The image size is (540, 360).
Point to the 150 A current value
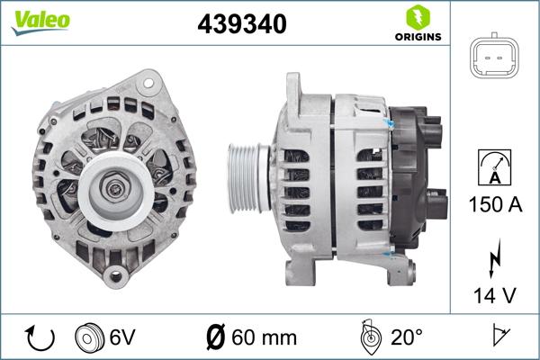494,204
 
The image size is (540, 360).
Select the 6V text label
122,337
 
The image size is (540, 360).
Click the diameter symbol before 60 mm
216,337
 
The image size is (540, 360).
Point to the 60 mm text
265,337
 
